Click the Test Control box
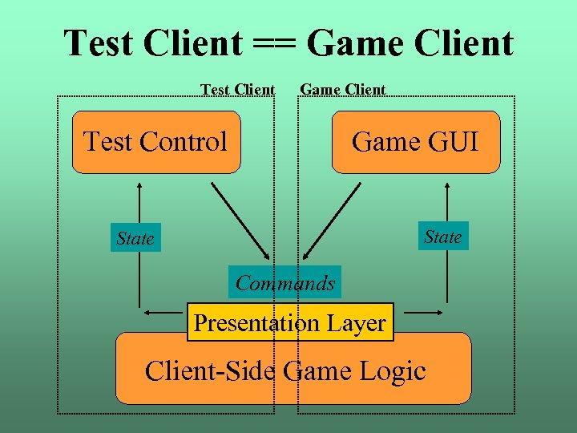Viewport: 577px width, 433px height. coord(156,142)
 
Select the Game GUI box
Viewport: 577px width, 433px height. coord(415,142)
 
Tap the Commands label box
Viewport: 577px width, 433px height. coord(285,283)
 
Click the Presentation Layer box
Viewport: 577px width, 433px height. coord(290,322)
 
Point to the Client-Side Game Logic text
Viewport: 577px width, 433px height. coord(284,371)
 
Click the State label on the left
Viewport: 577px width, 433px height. coord(135,238)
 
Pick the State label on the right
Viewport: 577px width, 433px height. coord(442,237)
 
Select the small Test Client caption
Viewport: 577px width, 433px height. coord(237,89)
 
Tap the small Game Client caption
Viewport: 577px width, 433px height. coord(342,89)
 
